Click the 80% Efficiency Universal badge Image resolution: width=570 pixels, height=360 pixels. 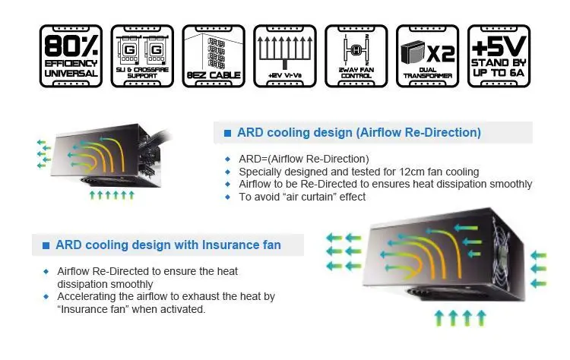click(x=70, y=55)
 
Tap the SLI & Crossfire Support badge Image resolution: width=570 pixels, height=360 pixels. click(x=141, y=55)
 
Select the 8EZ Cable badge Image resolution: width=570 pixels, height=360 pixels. click(x=214, y=55)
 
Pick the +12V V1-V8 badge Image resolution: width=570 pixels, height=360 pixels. click(x=285, y=55)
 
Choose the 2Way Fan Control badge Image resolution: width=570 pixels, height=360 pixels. click(x=356, y=55)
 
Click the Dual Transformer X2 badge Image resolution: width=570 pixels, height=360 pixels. click(x=428, y=55)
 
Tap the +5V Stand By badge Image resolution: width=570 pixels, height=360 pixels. click(x=499, y=55)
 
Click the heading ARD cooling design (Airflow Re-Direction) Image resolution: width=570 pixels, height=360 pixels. click(x=359, y=133)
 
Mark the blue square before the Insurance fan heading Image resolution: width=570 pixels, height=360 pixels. click(x=46, y=245)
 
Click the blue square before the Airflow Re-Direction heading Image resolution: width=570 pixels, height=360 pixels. click(x=227, y=134)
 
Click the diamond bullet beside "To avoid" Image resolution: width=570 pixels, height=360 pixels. click(x=227, y=197)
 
